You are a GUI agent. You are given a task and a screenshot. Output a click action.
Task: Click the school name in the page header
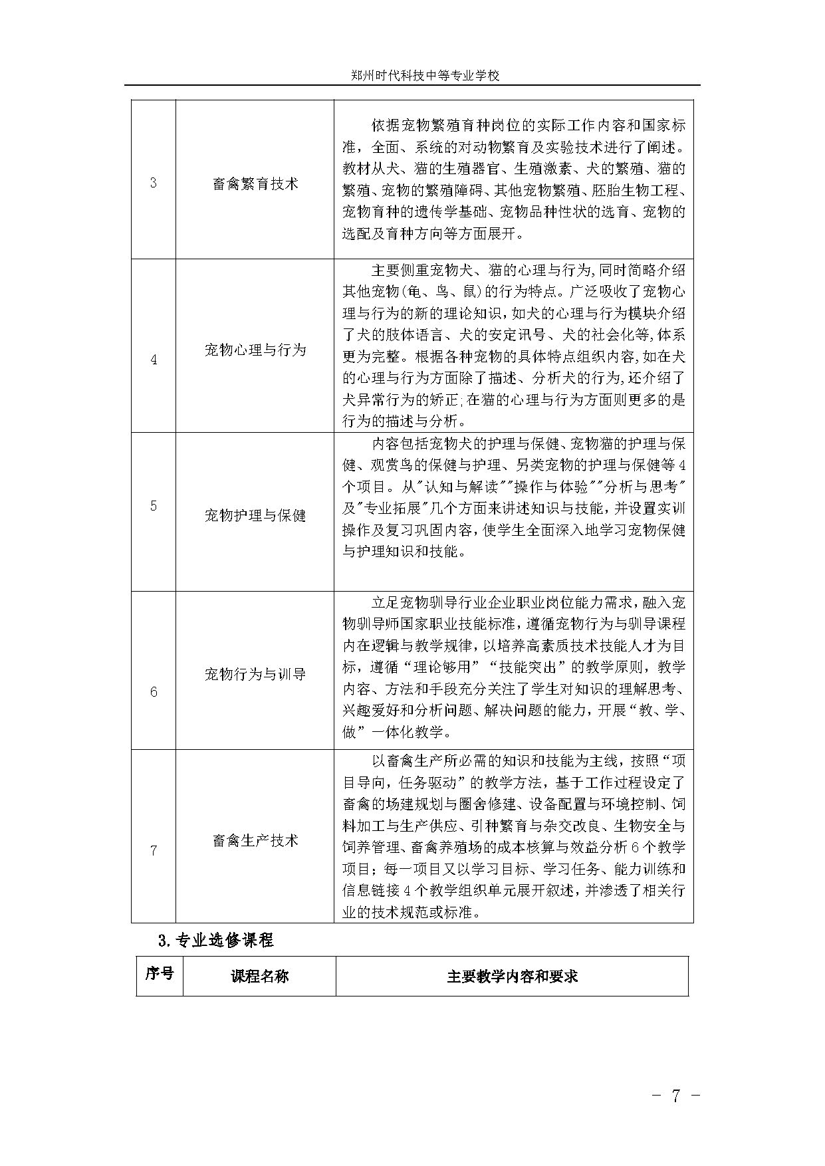[x=425, y=76]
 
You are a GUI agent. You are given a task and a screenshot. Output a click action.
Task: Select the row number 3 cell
[x=154, y=183]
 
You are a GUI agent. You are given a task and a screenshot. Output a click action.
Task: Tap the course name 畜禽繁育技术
[x=255, y=184]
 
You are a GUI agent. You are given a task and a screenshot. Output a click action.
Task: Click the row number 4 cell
[x=154, y=360]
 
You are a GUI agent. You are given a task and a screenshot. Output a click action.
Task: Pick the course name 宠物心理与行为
[x=255, y=350]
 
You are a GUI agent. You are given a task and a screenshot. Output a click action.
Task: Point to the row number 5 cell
[x=154, y=506]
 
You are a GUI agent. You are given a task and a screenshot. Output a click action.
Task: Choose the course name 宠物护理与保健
[x=255, y=515]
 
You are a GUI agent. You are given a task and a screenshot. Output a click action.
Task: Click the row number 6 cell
[x=154, y=692]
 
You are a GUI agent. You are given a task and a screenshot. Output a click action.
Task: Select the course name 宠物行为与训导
[x=255, y=674]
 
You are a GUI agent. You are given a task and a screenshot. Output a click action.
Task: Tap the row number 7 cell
[x=154, y=850]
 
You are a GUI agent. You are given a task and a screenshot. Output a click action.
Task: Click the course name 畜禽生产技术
[x=255, y=841]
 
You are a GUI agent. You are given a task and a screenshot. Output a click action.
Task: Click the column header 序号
[x=160, y=974]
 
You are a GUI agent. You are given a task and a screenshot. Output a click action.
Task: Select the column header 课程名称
[x=259, y=976]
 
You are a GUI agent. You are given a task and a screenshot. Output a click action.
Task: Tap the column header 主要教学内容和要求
[x=512, y=976]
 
